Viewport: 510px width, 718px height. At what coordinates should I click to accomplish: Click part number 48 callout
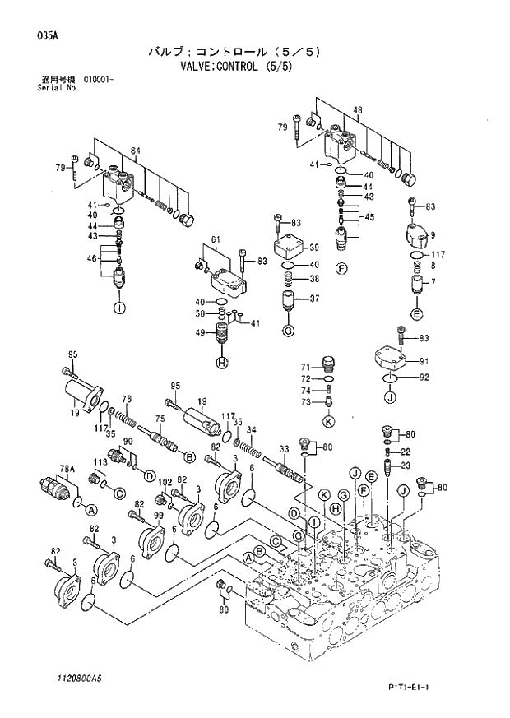[x=358, y=111]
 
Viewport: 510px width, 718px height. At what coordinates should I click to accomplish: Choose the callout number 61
[x=216, y=239]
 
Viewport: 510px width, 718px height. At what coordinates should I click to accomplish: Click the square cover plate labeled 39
[x=288, y=247]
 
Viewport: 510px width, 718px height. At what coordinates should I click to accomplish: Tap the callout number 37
[x=313, y=299]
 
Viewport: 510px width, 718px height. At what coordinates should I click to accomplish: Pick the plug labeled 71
[x=328, y=364]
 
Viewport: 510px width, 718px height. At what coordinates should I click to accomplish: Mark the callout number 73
[x=304, y=402]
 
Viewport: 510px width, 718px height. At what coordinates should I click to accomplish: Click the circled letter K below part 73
[x=328, y=422]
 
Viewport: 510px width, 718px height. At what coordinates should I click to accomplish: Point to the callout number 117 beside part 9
[x=438, y=254]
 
